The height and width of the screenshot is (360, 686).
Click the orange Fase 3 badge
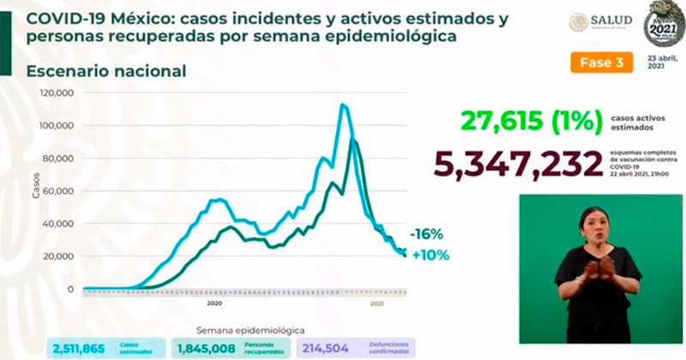601,62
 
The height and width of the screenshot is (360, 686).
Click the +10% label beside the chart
430,255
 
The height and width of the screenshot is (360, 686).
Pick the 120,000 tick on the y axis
55,93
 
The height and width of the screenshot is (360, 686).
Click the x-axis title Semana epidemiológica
250,330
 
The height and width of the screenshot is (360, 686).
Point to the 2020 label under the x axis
214,303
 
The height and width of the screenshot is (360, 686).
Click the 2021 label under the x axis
377,303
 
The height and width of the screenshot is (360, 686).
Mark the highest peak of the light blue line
343,105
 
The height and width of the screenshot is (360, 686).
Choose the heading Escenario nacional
106,71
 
